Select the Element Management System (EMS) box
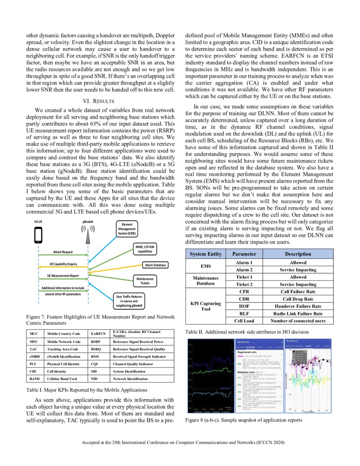tap(127, 229)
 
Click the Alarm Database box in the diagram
tap(155, 265)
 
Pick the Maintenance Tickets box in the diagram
tap(145, 281)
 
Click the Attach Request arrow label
tap(63, 252)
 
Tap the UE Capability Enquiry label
tap(63, 264)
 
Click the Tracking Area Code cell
tap(64, 349)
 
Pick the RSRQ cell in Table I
tap(97, 349)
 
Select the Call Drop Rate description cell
tap(299, 299)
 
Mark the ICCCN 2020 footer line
tap(180, 443)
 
